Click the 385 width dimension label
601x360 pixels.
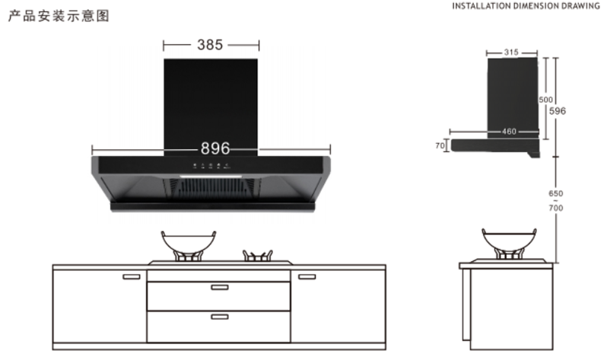point(210,45)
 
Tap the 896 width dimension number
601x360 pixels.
point(215,148)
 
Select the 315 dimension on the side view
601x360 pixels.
point(511,53)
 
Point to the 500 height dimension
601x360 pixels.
point(545,100)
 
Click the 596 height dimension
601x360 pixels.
point(558,111)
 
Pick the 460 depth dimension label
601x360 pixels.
point(509,132)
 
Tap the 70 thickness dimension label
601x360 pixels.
point(440,145)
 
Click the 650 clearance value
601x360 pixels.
point(556,193)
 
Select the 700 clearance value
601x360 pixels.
point(556,208)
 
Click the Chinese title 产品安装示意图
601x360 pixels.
point(59,16)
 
